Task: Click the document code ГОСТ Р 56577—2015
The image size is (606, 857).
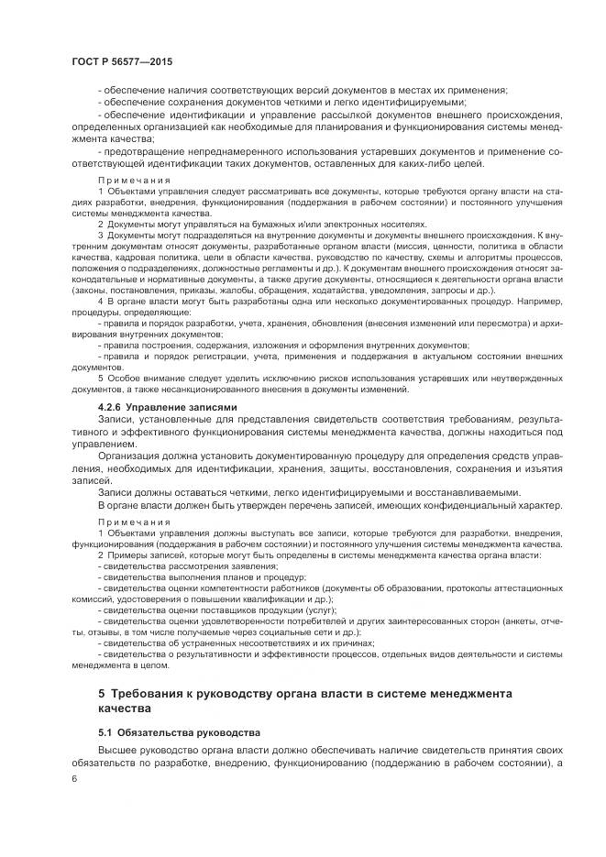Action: [x=121, y=61]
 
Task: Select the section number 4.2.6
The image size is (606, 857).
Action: [x=113, y=406]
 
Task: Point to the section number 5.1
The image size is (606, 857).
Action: [x=107, y=733]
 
